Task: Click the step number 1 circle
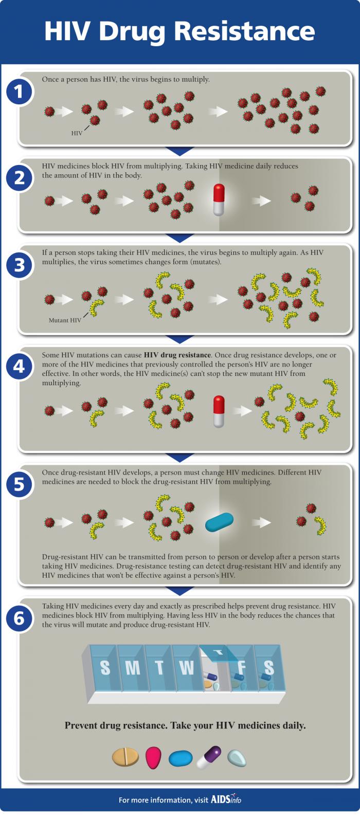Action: [x=19, y=93]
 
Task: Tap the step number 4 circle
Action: [x=19, y=366]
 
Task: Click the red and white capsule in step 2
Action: [x=219, y=199]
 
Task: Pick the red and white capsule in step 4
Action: [x=219, y=411]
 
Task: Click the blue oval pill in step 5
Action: [x=219, y=522]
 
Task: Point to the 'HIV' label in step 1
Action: [x=77, y=133]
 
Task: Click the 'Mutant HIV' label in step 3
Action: [x=65, y=320]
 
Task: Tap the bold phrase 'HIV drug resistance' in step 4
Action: [x=177, y=355]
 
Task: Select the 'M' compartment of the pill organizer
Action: [x=132, y=668]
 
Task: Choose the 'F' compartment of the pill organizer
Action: [x=241, y=668]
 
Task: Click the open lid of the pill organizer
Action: [x=219, y=652]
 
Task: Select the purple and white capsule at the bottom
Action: [x=209, y=757]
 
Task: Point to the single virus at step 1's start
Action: [x=49, y=112]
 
